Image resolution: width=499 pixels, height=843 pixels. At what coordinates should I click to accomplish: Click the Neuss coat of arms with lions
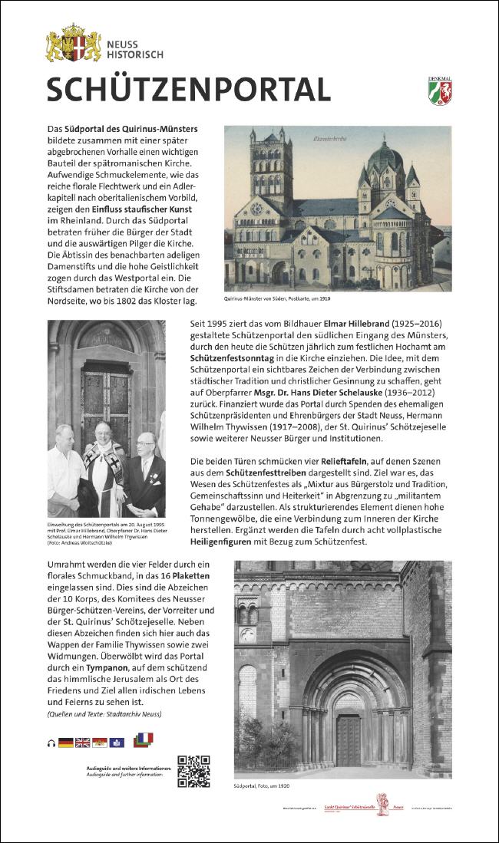tap(74, 44)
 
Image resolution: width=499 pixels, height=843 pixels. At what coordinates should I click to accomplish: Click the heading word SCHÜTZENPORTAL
tap(188, 90)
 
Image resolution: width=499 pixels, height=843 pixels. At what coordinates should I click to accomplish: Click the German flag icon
tap(66, 743)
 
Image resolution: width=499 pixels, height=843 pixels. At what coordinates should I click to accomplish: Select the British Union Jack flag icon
tap(83, 743)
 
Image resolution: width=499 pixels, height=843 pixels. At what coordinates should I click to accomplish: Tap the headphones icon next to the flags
tap(51, 743)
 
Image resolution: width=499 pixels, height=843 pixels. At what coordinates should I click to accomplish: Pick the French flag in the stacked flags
tap(145, 738)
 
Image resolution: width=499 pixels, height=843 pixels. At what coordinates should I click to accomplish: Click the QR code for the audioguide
tap(193, 771)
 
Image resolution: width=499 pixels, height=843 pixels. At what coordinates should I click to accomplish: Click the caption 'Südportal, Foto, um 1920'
tap(262, 786)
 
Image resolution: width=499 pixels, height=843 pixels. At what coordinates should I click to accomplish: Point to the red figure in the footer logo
tap(381, 803)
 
